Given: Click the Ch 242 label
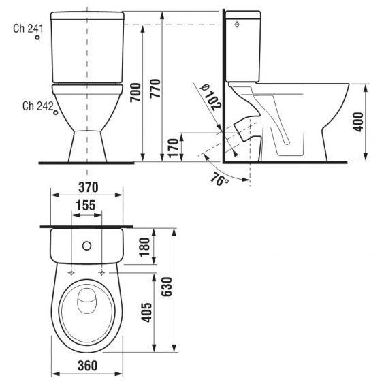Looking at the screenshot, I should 37,106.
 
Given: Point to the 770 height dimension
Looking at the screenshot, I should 155,89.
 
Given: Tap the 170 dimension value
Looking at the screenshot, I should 173,146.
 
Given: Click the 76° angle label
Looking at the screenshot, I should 218,180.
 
